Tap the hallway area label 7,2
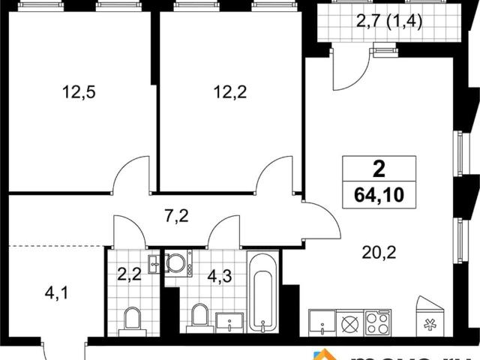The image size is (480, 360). point(176,218)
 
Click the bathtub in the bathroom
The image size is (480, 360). point(262,292)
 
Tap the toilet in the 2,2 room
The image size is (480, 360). point(133,318)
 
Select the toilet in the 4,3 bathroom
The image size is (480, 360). point(199,316)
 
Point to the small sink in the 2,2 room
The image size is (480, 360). point(154,262)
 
